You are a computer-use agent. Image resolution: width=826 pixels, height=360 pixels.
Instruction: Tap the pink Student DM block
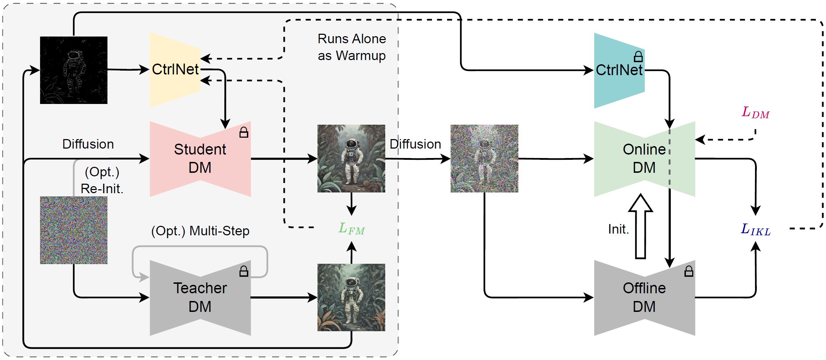click(200, 159)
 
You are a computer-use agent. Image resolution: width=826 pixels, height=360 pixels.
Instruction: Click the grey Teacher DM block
click(200, 297)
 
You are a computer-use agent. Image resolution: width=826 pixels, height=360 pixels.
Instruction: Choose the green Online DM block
click(644, 159)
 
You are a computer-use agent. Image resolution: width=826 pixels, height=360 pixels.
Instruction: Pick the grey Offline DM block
click(644, 297)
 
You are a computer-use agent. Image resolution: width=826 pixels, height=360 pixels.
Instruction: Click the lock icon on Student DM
click(244, 132)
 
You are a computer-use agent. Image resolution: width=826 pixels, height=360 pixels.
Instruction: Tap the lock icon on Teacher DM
click(244, 271)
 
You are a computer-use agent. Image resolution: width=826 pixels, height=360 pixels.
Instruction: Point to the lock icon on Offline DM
click(689, 271)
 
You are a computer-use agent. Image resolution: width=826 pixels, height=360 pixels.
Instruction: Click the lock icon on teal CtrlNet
click(638, 57)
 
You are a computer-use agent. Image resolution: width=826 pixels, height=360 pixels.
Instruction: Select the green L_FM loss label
click(352, 229)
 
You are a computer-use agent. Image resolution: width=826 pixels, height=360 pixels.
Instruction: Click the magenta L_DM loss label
click(755, 113)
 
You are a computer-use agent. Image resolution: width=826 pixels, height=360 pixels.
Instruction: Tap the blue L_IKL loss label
click(755, 230)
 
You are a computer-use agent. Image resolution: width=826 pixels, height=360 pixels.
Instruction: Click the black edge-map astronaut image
click(74, 70)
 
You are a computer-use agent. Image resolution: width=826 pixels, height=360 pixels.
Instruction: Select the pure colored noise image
click(74, 230)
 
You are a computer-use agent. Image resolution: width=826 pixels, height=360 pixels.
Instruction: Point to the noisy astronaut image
click(484, 158)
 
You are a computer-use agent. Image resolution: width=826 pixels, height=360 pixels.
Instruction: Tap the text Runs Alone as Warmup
click(352, 47)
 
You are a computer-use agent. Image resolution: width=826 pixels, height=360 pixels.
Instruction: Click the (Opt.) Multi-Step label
click(200, 231)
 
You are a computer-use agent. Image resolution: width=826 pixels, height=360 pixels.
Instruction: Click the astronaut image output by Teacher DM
click(351, 297)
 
